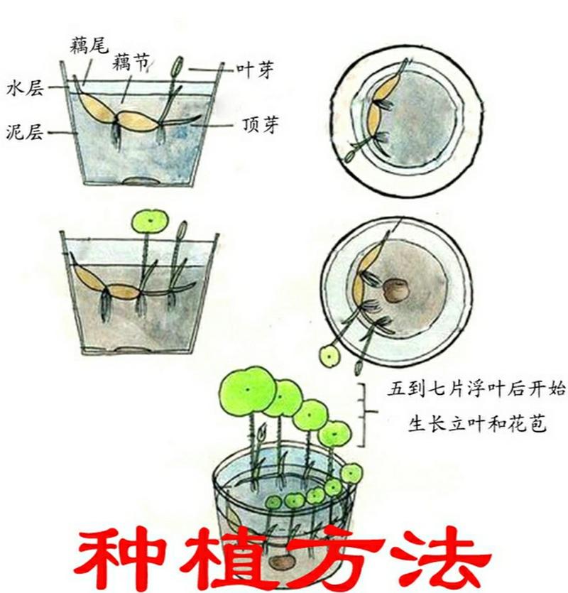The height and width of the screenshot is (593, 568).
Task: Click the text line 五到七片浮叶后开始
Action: tap(467, 390)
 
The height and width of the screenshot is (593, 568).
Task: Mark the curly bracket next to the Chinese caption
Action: tap(365, 415)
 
